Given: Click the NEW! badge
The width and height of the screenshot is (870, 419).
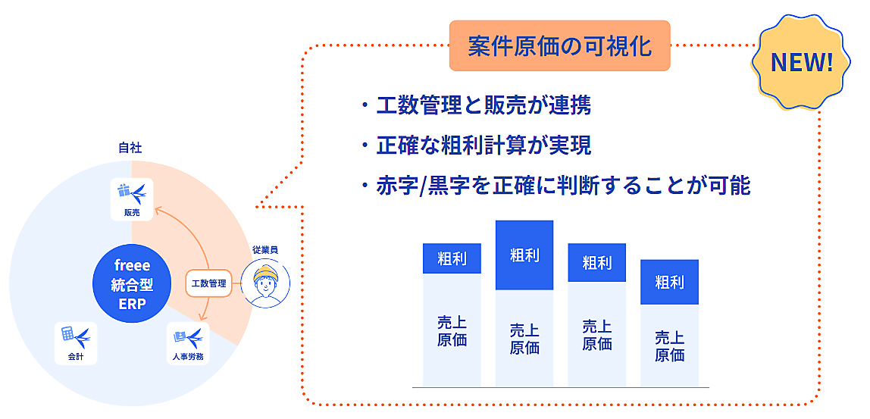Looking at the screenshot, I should [802, 63].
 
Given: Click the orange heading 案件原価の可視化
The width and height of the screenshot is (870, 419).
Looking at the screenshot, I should [560, 45].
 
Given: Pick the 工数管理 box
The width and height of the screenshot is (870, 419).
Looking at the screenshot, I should [208, 283].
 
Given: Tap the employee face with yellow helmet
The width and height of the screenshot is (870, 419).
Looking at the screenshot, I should [266, 284].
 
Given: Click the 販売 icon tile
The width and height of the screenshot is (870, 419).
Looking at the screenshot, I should [132, 199].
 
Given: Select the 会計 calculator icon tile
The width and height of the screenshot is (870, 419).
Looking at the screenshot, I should [76, 343].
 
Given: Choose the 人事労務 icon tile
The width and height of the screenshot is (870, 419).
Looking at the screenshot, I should [187, 343].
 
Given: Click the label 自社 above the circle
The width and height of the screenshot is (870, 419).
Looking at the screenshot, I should [130, 148].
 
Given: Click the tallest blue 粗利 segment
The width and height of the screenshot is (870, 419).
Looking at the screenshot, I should [524, 255].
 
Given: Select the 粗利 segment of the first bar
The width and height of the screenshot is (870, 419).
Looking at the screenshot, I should [452, 259].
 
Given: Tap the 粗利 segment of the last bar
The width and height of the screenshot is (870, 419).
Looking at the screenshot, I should [669, 282].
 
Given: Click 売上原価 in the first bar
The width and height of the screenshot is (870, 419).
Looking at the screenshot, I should [452, 330].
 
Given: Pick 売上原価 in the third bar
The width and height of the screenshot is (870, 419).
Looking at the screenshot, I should [596, 335].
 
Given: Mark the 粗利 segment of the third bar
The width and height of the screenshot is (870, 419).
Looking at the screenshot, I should [596, 263].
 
